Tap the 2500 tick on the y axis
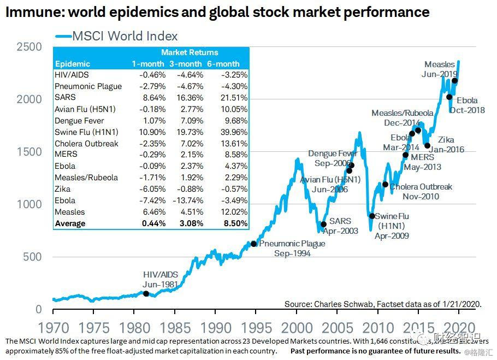(29, 47)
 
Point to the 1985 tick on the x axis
(175, 327)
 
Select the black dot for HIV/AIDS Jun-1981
(146, 293)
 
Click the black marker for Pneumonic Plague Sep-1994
(253, 244)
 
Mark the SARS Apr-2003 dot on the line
(323, 224)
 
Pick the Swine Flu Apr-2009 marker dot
(372, 216)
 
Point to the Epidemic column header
(73, 64)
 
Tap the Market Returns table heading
(190, 52)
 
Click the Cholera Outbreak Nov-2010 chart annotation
(421, 191)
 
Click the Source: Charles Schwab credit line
(383, 304)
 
